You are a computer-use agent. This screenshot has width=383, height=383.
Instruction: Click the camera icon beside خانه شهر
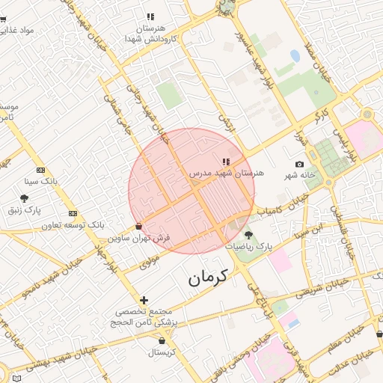coord(300,165)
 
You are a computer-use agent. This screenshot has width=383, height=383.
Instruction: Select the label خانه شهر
coord(300,176)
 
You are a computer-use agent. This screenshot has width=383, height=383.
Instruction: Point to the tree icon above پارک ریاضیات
coord(248,235)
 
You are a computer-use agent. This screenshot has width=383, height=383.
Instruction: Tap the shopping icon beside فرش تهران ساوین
coord(138,226)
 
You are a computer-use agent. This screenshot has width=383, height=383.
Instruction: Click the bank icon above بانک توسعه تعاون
coord(73,213)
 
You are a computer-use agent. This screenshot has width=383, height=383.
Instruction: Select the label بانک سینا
coord(41,181)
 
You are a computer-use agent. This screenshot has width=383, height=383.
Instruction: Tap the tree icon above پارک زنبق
coord(24,198)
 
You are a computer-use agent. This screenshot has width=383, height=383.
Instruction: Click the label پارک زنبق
coord(24,209)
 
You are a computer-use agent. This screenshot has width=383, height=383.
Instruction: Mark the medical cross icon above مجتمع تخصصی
coord(144,300)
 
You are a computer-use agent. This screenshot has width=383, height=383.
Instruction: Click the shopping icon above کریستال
coord(162,340)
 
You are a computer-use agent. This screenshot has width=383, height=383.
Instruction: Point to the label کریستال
coord(162,352)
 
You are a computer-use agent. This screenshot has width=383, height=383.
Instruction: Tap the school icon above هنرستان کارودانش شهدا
coord(150,16)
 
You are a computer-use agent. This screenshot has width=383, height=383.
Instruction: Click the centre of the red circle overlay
coord(191,191)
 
